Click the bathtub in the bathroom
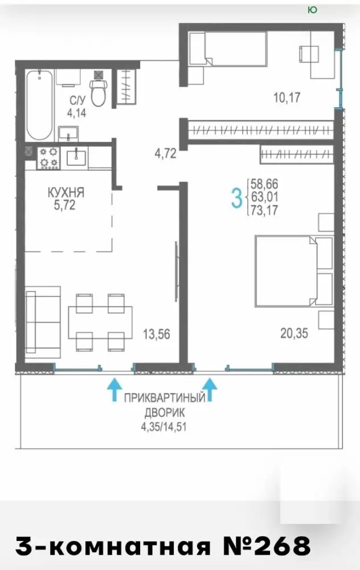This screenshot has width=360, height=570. (39, 105)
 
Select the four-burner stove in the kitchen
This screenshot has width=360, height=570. (48, 158)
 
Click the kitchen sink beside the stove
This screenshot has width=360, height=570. (76, 157)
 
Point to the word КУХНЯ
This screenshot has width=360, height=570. (66, 193)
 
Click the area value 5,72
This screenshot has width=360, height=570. (65, 205)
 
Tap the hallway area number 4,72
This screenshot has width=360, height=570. (166, 153)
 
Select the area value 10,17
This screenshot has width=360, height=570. (287, 97)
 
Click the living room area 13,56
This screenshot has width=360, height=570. (157, 334)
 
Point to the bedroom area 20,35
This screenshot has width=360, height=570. (294, 333)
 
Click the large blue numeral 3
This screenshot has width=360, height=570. (236, 198)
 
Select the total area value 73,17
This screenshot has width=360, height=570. (264, 210)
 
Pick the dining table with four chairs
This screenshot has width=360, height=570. (100, 322)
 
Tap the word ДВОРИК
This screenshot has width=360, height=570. (165, 413)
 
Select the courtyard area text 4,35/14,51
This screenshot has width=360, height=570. (164, 426)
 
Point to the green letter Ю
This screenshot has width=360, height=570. (312, 10)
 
